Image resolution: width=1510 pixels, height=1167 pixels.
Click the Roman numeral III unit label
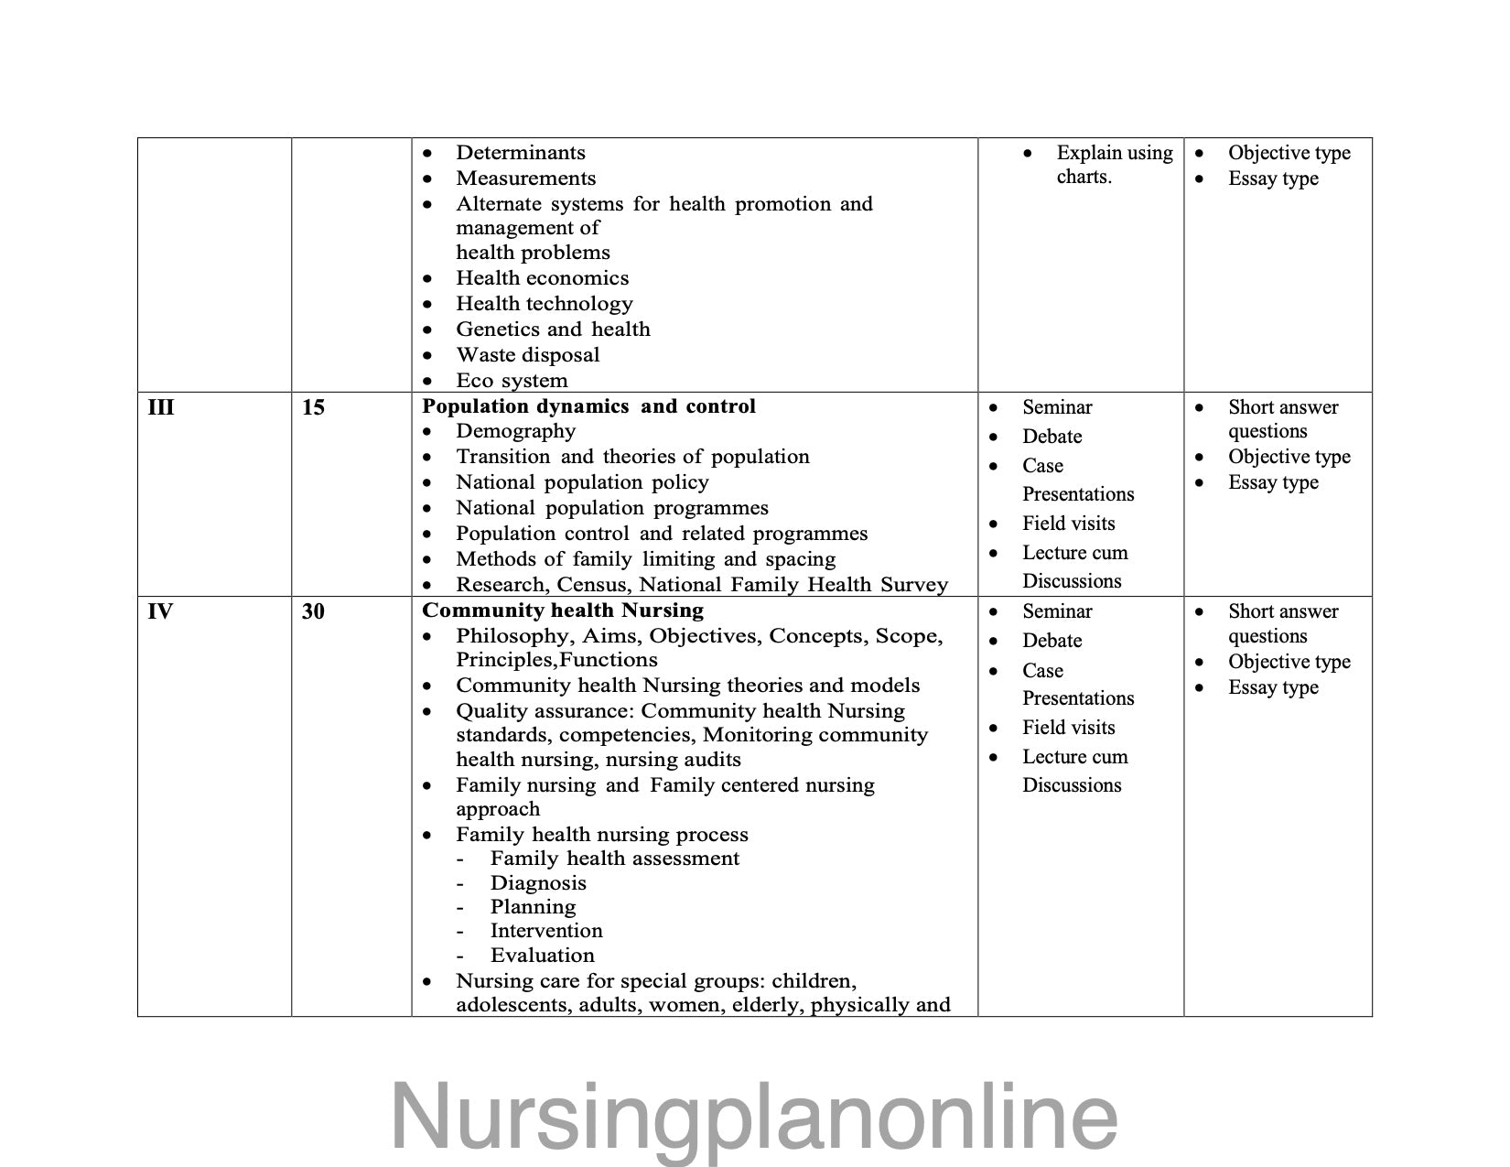coord(161,407)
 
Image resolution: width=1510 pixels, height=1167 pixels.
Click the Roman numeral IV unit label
coord(160,611)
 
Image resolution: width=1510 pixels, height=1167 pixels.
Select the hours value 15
coord(313,407)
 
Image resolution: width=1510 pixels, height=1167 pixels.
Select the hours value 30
coord(313,611)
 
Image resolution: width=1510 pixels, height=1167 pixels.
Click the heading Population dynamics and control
coord(588,406)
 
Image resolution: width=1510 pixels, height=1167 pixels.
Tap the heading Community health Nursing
coord(563,611)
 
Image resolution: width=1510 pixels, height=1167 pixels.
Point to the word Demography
coord(515,431)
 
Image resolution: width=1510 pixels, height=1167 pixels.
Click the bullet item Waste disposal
coord(528,355)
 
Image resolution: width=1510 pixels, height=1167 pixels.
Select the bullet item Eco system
coord(512,381)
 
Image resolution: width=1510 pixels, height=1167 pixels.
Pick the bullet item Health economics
coord(542,278)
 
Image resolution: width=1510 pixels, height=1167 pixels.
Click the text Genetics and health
coord(553,330)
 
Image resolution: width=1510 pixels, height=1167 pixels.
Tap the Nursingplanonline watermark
coord(754,1117)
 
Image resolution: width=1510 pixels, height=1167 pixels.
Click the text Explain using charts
coord(1114,165)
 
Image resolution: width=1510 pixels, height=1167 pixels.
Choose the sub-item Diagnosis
coord(538,883)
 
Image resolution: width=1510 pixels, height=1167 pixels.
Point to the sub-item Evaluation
coord(542,956)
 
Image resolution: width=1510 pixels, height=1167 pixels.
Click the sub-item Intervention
coord(546,931)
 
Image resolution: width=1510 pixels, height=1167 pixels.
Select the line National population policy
coord(582,482)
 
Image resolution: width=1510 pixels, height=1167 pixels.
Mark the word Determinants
coord(521,153)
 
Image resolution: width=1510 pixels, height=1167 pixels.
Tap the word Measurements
coord(525,178)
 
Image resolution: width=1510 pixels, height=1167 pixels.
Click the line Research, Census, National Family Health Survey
coord(702,585)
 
